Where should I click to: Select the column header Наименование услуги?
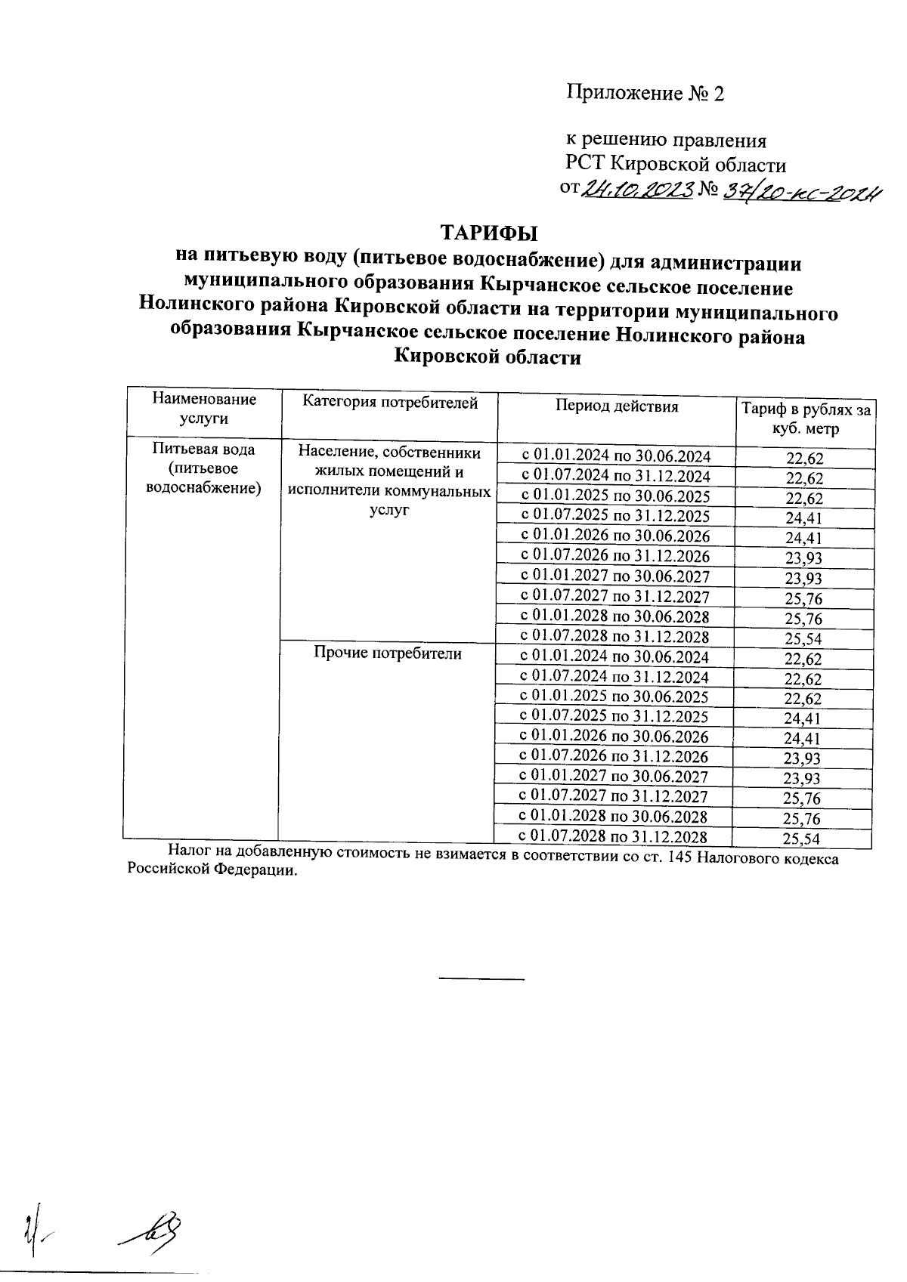[x=204, y=408]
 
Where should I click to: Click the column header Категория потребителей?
[x=390, y=403]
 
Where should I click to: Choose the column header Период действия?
[x=617, y=406]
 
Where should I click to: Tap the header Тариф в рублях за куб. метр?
[x=805, y=419]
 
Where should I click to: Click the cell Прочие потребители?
[x=388, y=653]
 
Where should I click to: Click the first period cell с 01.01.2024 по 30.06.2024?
[x=616, y=456]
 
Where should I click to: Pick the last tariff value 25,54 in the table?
[x=802, y=839]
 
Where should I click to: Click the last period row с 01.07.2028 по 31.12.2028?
[x=613, y=836]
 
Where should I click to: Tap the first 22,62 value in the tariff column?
[x=804, y=458]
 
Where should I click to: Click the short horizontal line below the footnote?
[x=481, y=979]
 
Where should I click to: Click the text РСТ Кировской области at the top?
[x=676, y=165]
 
